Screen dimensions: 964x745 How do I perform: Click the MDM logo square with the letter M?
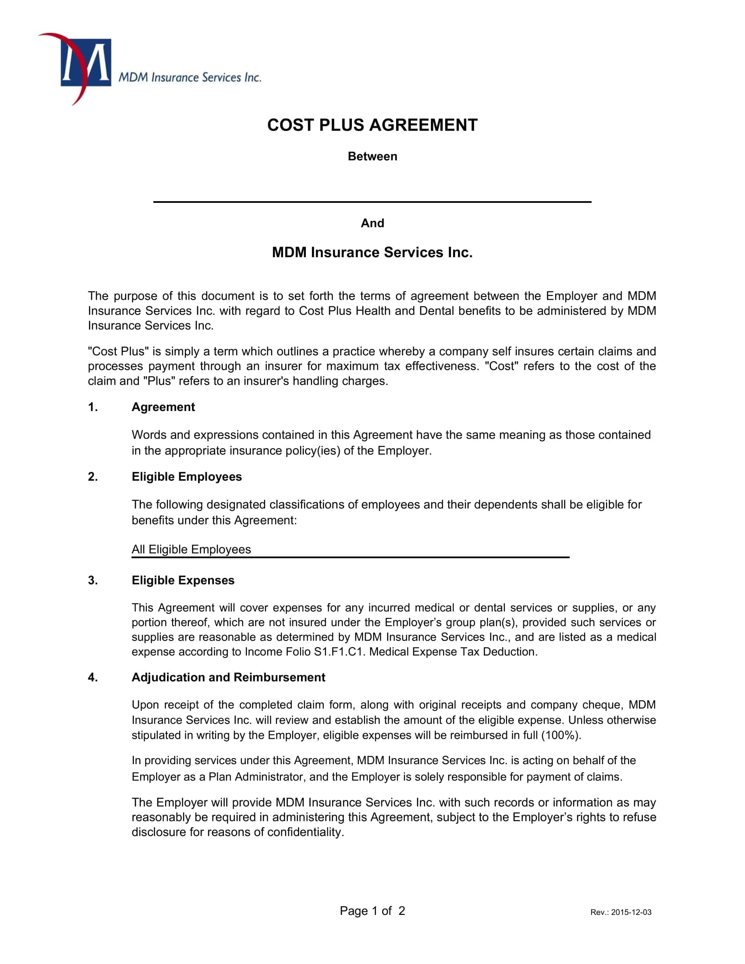(x=85, y=62)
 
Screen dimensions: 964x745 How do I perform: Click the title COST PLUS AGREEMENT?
(x=372, y=125)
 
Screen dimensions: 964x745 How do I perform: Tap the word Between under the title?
(x=372, y=157)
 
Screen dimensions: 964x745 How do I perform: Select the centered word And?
(x=372, y=223)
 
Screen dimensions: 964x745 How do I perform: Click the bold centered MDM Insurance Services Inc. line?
(x=372, y=252)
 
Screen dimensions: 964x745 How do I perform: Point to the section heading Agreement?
(x=163, y=407)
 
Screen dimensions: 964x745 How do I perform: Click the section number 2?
(x=92, y=477)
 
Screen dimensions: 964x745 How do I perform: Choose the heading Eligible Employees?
(x=186, y=477)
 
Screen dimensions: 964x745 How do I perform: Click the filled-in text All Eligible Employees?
(x=191, y=549)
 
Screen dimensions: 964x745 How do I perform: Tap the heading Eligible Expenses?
(x=183, y=581)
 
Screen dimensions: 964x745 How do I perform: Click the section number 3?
(x=92, y=581)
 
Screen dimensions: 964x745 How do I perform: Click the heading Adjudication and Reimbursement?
(x=228, y=677)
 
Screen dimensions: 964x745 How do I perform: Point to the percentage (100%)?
(x=561, y=735)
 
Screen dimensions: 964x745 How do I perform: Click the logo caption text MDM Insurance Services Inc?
(x=190, y=78)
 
